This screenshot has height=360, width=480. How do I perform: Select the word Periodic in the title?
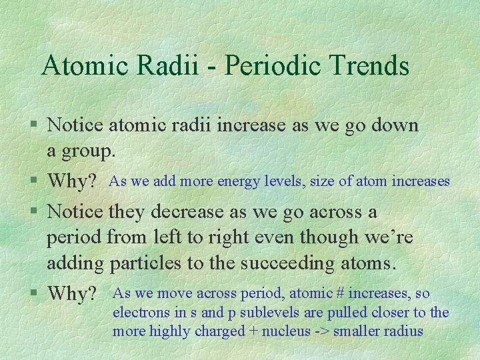click(265, 65)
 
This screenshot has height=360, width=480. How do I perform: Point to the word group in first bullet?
click(89, 152)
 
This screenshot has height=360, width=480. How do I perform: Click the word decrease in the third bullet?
click(185, 212)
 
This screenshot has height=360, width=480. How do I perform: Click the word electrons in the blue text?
click(138, 313)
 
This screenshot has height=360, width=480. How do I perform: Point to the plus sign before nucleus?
click(254, 331)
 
